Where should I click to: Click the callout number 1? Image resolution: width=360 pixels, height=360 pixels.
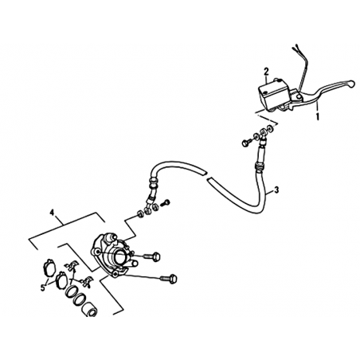317,116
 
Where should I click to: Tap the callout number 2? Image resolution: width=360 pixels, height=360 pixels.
266,71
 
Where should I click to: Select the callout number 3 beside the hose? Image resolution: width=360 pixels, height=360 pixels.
276,190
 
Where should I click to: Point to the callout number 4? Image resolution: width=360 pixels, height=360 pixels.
52,213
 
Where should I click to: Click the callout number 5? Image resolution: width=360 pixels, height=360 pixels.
43,288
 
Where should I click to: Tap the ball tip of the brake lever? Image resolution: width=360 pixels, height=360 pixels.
351,84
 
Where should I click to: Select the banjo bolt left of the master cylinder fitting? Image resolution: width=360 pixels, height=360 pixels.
245,143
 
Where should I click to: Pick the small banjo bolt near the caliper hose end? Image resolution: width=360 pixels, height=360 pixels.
166,203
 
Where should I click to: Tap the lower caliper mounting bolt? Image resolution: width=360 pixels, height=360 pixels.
168,279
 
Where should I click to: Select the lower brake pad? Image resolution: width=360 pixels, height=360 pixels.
61,278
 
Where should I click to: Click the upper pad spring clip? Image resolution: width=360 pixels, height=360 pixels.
70,265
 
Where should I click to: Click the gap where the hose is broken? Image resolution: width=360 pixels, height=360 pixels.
207,176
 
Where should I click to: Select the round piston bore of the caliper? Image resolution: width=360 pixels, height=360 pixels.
119,256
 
